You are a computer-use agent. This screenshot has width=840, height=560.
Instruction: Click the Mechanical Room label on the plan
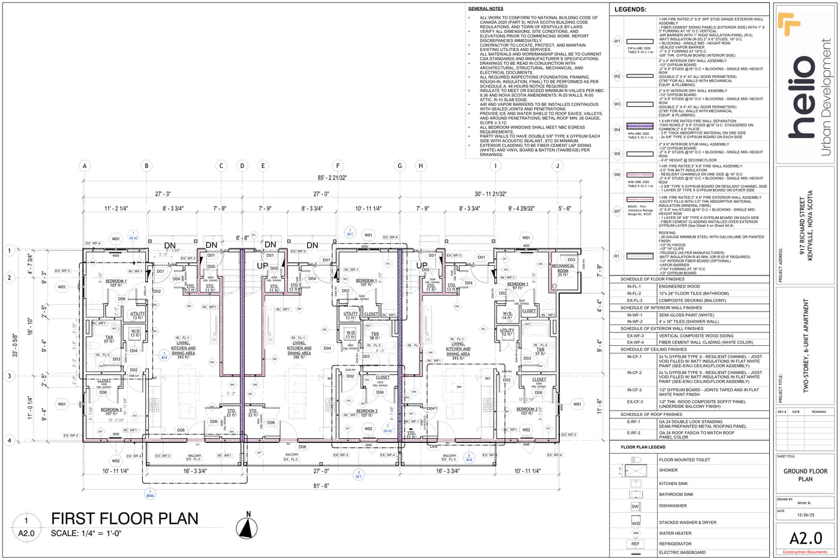click(562, 268)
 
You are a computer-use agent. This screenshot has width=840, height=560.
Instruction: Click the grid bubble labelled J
click(557, 166)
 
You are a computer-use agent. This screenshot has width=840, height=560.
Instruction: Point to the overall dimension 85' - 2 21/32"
click(323, 178)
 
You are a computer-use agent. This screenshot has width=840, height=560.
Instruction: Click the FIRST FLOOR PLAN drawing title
click(124, 519)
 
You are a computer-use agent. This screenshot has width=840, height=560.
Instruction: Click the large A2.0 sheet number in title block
click(805, 538)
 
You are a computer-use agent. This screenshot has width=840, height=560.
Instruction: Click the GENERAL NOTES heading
click(485, 9)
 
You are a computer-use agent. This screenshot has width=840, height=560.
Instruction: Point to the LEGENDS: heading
click(630, 10)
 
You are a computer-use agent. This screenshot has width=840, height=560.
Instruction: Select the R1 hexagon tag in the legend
click(617, 256)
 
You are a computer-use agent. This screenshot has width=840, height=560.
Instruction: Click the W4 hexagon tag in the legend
click(617, 129)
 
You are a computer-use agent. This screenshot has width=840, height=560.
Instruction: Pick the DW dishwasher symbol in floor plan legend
click(635, 506)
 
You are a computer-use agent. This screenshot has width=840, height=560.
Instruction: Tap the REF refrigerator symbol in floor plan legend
click(635, 544)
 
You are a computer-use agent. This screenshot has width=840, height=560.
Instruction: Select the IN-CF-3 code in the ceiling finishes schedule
click(634, 390)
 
